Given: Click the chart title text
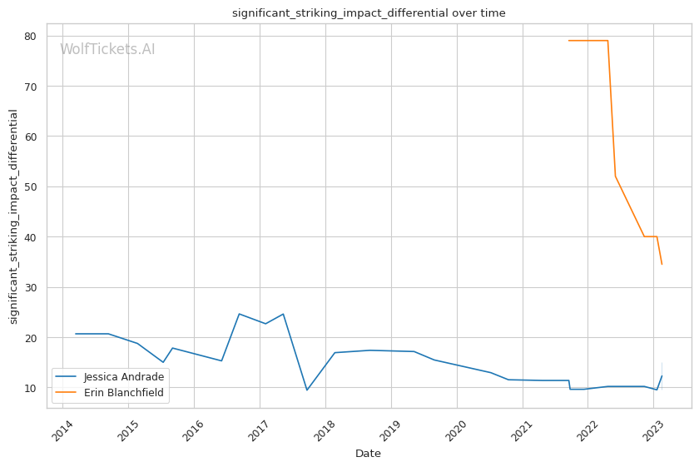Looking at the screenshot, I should (368, 13).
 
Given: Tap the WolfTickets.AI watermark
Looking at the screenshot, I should (107, 49).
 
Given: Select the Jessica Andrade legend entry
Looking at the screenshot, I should (124, 376).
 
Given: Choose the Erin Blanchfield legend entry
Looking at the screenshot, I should (124, 391).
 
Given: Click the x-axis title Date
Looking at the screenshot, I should (368, 454).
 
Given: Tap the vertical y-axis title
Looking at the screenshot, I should (13, 216).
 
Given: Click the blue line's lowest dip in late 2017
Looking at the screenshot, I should (306, 390).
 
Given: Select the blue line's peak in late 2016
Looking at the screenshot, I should (239, 314).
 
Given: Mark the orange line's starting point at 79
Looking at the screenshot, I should (569, 41).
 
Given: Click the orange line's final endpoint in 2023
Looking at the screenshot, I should (662, 264).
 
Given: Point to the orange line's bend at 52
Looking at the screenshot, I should (615, 176).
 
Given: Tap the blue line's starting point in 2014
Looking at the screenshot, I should (76, 334).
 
